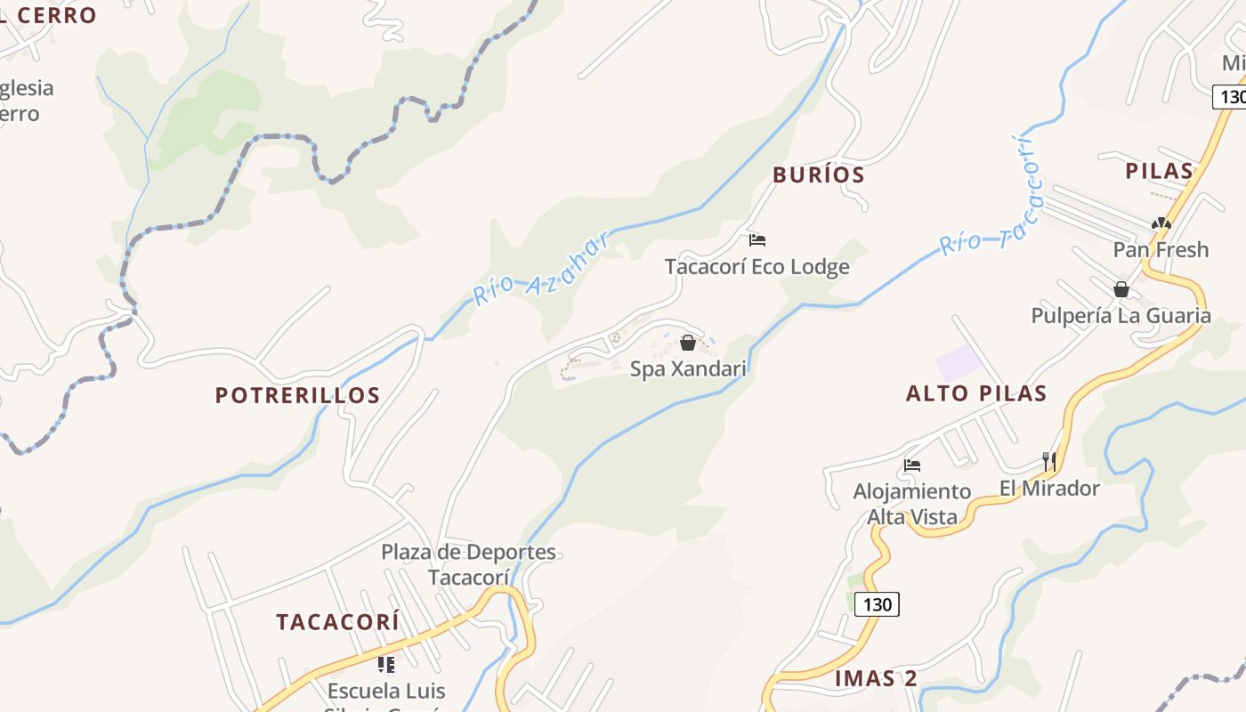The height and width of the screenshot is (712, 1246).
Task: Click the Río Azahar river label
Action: pyautogui.click(x=541, y=268)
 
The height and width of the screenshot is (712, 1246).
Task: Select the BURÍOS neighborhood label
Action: pyautogui.click(x=819, y=174)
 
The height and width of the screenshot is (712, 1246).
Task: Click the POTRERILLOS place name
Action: pyautogui.click(x=298, y=395)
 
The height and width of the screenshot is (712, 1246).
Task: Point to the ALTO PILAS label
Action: pyautogui.click(x=976, y=393)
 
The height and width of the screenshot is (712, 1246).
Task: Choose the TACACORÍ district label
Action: pyautogui.click(x=337, y=622)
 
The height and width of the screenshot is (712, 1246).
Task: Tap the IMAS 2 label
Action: pyautogui.click(x=876, y=678)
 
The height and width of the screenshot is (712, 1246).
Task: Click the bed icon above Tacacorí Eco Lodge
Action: pyautogui.click(x=757, y=240)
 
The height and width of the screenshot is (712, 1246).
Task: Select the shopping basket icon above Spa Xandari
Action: pyautogui.click(x=688, y=343)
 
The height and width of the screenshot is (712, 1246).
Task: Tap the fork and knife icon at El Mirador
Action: pyautogui.click(x=1050, y=461)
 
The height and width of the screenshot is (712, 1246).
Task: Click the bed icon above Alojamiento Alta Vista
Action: pyautogui.click(x=912, y=465)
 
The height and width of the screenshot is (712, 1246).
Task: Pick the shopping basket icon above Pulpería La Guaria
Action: pyautogui.click(x=1121, y=289)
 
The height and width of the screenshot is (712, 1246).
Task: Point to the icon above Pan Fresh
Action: pyautogui.click(x=1161, y=223)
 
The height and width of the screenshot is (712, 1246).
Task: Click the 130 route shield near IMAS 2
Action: pyautogui.click(x=877, y=604)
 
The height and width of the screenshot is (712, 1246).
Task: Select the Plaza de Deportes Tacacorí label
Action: pyautogui.click(x=469, y=564)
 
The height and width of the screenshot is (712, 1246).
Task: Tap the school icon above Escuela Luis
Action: pyautogui.click(x=385, y=664)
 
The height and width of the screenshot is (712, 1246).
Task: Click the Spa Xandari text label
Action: pyautogui.click(x=688, y=368)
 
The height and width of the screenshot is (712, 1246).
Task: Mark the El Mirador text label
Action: pyautogui.click(x=1049, y=488)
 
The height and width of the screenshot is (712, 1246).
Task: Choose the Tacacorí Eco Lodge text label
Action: pyautogui.click(x=757, y=266)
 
